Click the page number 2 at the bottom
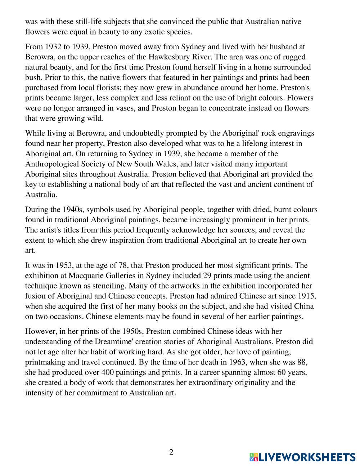(171, 452)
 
